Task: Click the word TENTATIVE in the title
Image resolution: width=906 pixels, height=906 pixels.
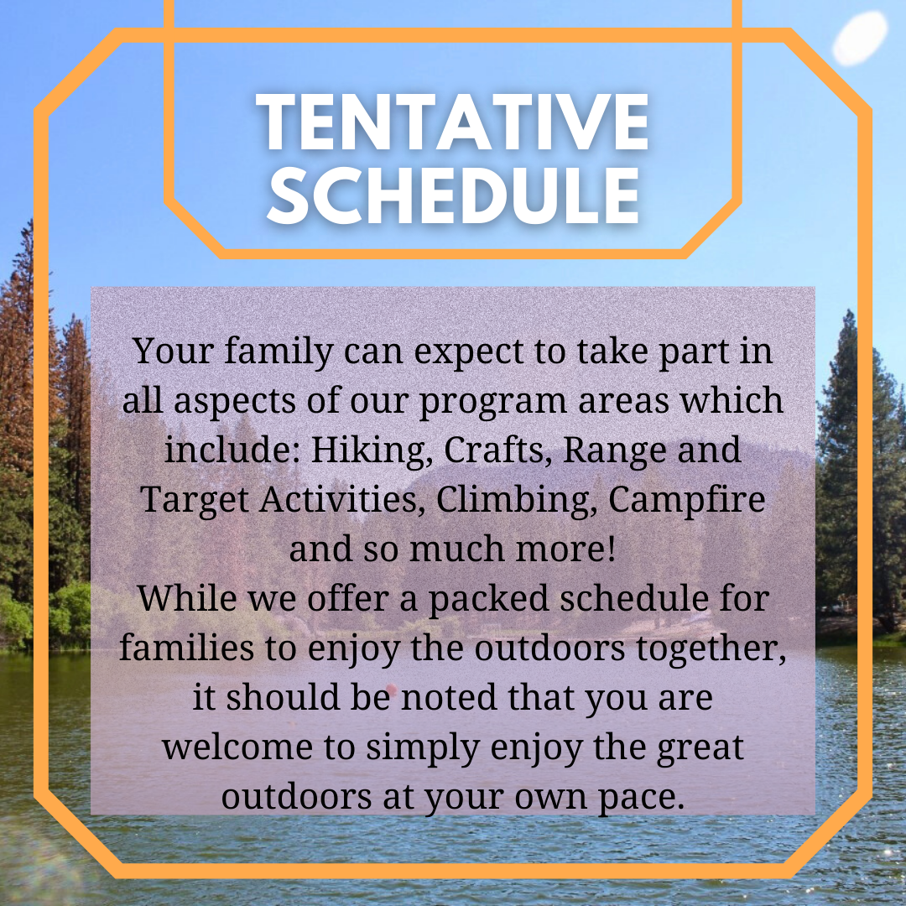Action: (x=452, y=122)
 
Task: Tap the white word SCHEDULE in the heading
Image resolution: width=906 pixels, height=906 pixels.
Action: (x=453, y=195)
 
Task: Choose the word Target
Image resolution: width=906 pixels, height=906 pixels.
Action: (x=194, y=500)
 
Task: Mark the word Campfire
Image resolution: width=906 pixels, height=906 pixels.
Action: (x=686, y=499)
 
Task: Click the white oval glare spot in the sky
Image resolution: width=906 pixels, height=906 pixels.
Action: (x=860, y=38)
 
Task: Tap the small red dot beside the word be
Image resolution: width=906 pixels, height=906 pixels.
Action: (x=391, y=689)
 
